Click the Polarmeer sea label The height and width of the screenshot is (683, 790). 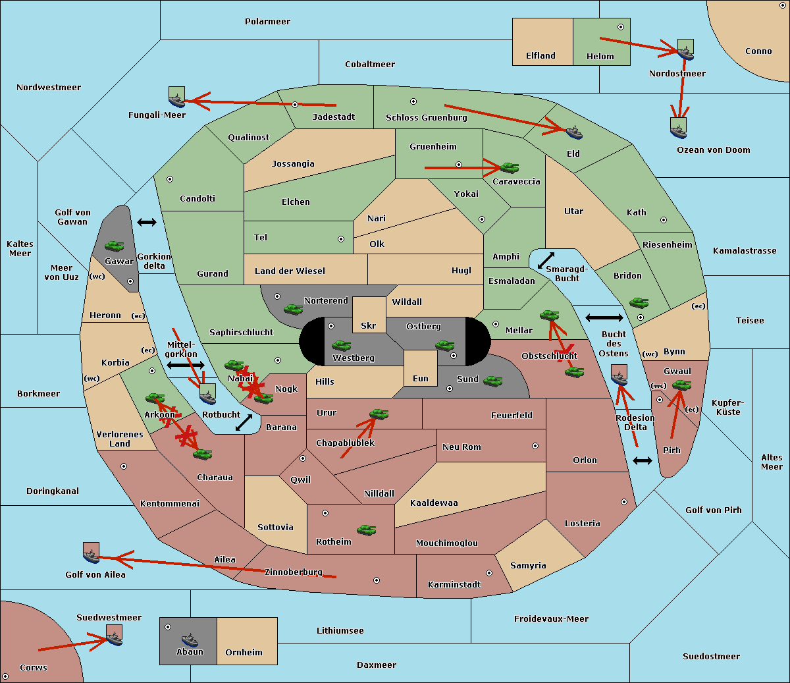click(267, 22)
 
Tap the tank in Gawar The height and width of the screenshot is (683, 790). click(115, 246)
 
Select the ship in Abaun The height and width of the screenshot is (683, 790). click(190, 640)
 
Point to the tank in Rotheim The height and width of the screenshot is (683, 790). click(367, 530)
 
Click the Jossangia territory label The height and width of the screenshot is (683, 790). click(293, 164)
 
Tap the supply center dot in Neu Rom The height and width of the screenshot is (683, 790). click(535, 446)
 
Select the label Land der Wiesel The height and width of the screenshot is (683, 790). click(290, 271)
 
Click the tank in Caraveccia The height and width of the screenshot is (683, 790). click(510, 167)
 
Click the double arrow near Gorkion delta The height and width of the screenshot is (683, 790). click(147, 222)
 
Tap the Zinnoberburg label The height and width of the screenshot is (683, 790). click(294, 572)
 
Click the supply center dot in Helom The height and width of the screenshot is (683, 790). click(621, 27)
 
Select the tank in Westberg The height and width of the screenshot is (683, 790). click(341, 345)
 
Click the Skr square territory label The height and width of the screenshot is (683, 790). click(369, 325)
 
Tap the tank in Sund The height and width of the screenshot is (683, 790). click(492, 381)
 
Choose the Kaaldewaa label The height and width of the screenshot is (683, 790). click(434, 503)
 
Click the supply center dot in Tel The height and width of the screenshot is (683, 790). click(341, 239)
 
